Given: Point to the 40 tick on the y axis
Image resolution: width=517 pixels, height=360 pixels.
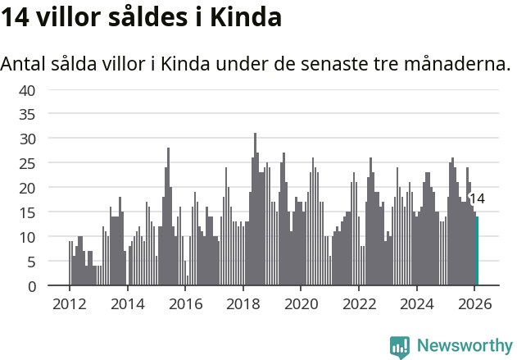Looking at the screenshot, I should [x=26, y=89].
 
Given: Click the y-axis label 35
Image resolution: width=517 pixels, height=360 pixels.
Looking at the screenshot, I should [x=26, y=114].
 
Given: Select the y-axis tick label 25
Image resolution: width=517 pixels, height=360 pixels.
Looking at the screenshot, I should [x=26, y=163].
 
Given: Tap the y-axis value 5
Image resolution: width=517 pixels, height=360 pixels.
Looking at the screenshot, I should [x=30, y=262].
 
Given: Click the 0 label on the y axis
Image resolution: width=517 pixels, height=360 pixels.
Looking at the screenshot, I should [x=30, y=286].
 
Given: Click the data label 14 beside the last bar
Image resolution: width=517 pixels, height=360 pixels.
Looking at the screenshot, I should [x=477, y=198].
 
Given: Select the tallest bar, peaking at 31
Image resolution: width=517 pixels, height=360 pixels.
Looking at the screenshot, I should [x=255, y=209].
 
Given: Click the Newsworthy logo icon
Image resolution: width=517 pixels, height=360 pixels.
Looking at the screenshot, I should [x=400, y=347].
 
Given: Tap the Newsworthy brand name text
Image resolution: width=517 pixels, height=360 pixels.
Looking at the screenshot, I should [x=464, y=346].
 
